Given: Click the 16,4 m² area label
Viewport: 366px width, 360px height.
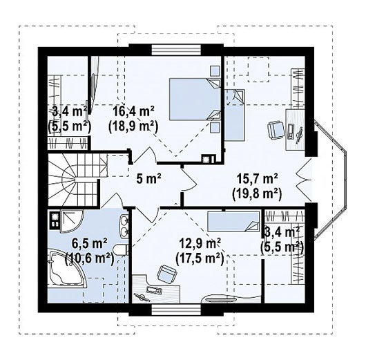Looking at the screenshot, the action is (x=133, y=111).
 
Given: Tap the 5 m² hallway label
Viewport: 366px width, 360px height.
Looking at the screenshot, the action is (x=149, y=179).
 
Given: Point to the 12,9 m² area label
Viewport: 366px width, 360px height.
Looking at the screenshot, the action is (x=200, y=243).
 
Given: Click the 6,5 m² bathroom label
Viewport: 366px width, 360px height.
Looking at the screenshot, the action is (x=90, y=244).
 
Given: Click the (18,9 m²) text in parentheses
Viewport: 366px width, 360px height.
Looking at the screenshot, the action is (x=133, y=127).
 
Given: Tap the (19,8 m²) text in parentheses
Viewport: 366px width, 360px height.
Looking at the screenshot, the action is (x=257, y=194).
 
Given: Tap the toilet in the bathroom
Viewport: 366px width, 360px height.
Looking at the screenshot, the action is (x=120, y=249).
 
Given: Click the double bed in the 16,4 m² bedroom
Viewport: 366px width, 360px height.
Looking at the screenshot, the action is (x=195, y=100).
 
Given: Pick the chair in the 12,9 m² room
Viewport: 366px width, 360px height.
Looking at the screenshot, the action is (x=166, y=273).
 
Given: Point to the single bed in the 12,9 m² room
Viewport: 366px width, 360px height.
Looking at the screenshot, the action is (x=233, y=222).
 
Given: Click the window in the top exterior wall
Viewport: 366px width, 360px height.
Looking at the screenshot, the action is (x=176, y=50).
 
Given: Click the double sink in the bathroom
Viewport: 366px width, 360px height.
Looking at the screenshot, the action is (x=124, y=226).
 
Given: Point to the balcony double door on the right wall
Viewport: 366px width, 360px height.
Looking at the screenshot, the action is (x=304, y=180).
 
